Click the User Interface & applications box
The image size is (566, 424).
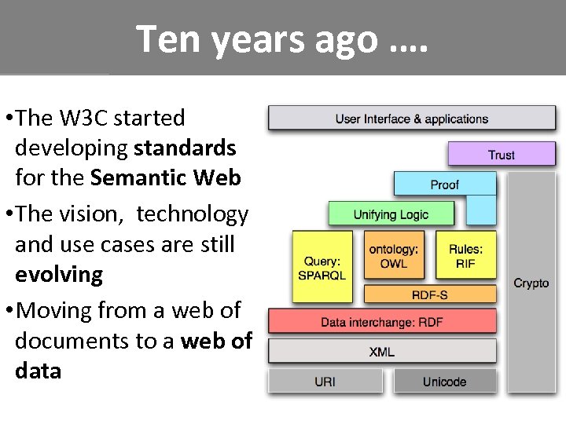pyautogui.click(x=412, y=119)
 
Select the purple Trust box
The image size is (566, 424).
pyautogui.click(x=501, y=154)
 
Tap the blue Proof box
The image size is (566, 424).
pyautogui.click(x=444, y=185)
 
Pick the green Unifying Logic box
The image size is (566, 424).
pyautogui.click(x=391, y=214)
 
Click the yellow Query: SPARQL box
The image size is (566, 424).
pyautogui.click(x=322, y=267)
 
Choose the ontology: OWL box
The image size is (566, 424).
pyautogui.click(x=393, y=255)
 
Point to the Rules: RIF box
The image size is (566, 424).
pyautogui.click(x=465, y=255)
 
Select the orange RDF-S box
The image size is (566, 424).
pyautogui.click(x=430, y=294)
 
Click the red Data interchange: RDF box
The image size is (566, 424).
pyautogui.click(x=382, y=321)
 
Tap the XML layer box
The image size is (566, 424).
pyautogui.click(x=382, y=351)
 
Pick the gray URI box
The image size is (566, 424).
pyautogui.click(x=325, y=382)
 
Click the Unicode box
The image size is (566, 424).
pyautogui.click(x=444, y=382)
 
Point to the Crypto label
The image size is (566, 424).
pyautogui.click(x=531, y=283)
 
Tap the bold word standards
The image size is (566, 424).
pyautogui.click(x=185, y=148)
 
